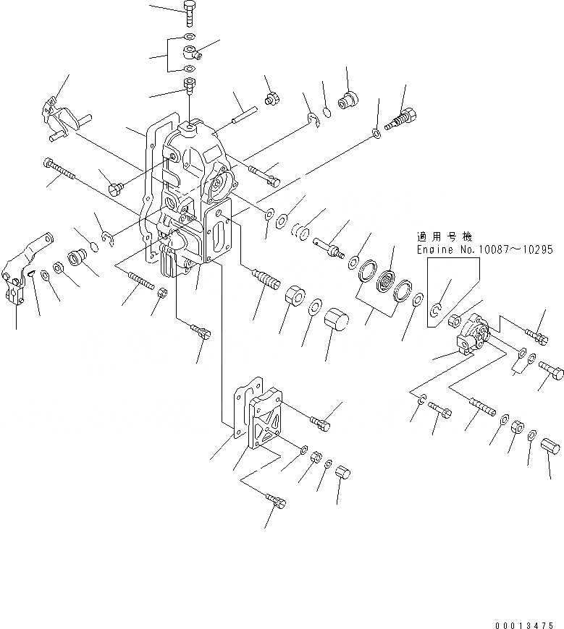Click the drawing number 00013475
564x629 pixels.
[525, 621]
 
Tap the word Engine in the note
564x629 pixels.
[434, 249]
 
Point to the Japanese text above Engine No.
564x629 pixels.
[444, 236]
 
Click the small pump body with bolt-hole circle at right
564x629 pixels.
[473, 333]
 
